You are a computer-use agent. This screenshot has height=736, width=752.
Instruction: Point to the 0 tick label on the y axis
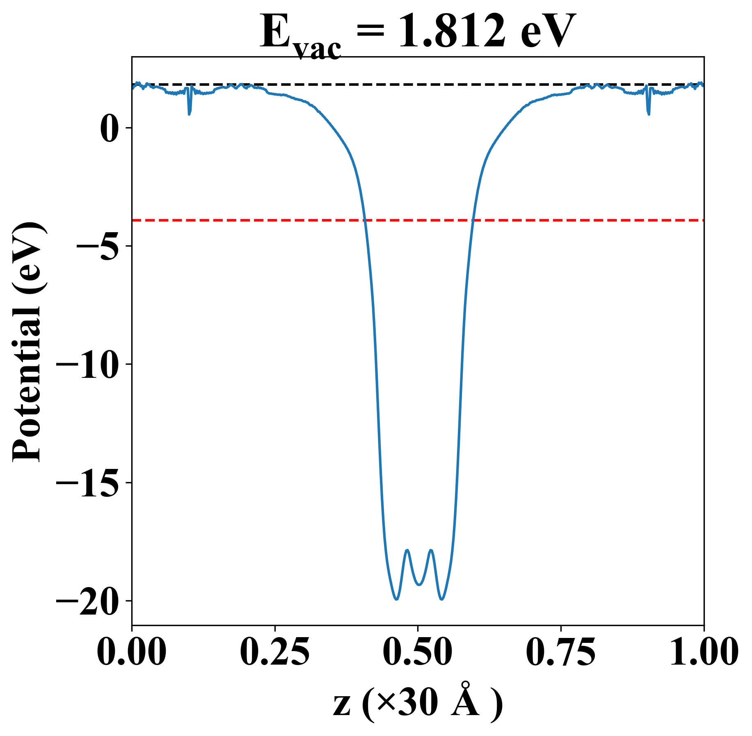(x=110, y=128)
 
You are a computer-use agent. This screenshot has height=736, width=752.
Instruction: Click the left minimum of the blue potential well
(x=396, y=599)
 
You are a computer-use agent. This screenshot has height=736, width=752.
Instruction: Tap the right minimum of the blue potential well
(x=442, y=599)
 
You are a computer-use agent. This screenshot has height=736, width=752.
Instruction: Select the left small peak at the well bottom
(x=407, y=550)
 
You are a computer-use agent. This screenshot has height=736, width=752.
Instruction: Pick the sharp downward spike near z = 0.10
(x=189, y=114)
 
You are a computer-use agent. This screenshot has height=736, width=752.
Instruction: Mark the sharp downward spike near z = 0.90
(x=649, y=114)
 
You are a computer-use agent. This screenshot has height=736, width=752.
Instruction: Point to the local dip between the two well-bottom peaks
(x=419, y=585)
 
